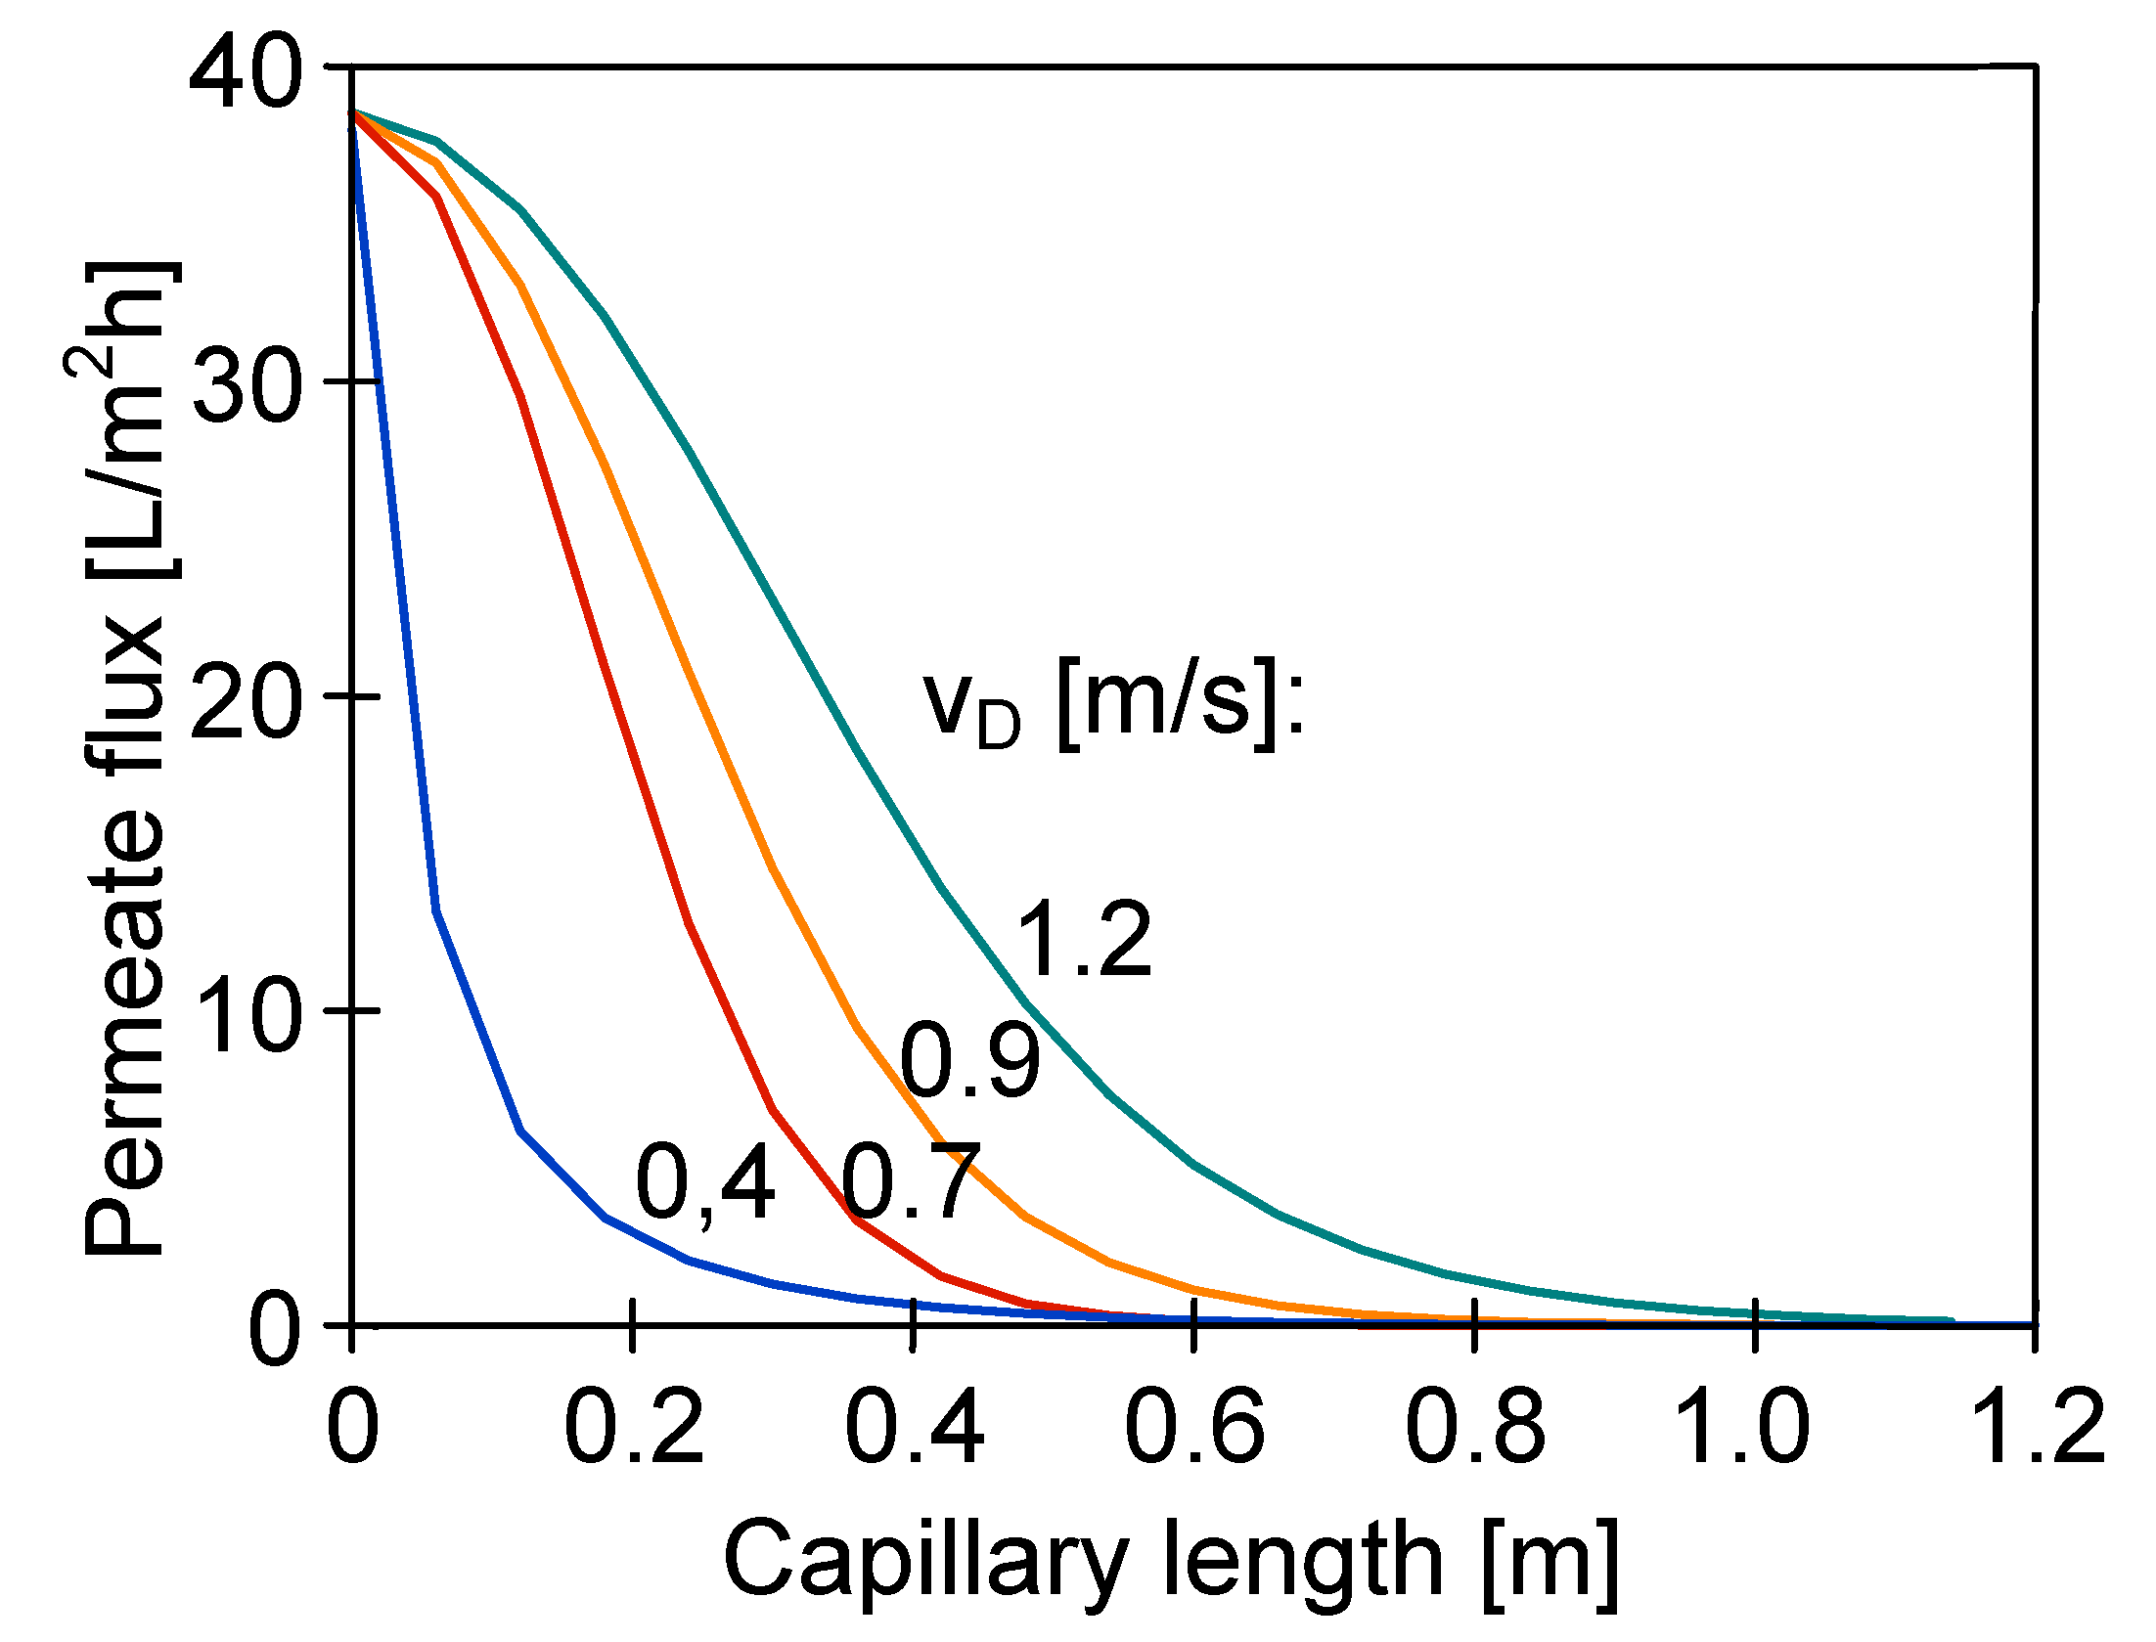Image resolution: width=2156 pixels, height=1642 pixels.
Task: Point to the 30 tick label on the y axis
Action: (x=244, y=384)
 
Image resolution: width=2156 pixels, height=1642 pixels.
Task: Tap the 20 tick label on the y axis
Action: (x=244, y=699)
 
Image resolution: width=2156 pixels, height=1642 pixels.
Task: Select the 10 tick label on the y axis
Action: (x=244, y=1015)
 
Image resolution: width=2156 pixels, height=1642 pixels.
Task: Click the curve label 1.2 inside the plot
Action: (x=1084, y=939)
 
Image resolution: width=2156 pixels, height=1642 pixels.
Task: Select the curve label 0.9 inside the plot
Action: (x=970, y=1060)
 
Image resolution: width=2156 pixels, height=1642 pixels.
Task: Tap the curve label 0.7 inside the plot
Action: (x=910, y=1181)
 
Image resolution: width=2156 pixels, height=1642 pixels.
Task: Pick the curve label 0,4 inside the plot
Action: (x=704, y=1183)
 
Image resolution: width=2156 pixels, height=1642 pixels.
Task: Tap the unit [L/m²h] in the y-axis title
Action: (x=125, y=421)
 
